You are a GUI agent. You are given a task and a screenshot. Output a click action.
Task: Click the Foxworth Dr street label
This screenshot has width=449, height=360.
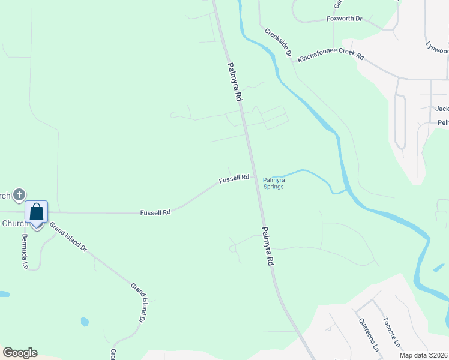tap(345, 19)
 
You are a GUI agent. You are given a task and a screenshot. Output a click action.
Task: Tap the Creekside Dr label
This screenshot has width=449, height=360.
tap(277, 42)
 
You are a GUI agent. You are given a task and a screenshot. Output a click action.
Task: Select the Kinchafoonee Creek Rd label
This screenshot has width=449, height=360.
tap(331, 57)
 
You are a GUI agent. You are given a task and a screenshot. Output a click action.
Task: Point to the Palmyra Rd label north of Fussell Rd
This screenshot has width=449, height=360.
tap(234, 81)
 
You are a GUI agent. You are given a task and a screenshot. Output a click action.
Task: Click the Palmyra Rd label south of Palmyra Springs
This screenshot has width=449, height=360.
tap(268, 246)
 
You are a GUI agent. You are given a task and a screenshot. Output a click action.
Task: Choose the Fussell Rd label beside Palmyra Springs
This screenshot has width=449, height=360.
tap(234, 178)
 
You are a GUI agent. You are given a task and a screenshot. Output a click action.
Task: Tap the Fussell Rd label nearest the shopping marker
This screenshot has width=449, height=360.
tap(155, 212)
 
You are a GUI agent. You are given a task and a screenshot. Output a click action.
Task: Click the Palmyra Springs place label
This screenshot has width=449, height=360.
tap(273, 183)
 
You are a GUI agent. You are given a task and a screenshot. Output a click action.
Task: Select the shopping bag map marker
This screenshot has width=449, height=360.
tap(36, 212)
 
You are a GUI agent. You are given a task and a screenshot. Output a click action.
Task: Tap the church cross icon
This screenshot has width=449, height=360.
tap(19, 194)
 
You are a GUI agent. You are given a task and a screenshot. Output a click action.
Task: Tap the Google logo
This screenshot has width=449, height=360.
tap(20, 353)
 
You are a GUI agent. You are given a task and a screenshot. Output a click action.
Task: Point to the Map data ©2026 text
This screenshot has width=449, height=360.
tap(423, 355)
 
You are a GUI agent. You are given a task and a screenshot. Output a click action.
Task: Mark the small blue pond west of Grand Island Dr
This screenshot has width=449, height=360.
tap(85, 322)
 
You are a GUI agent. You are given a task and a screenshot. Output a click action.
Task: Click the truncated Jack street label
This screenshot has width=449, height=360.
tap(442, 109)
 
